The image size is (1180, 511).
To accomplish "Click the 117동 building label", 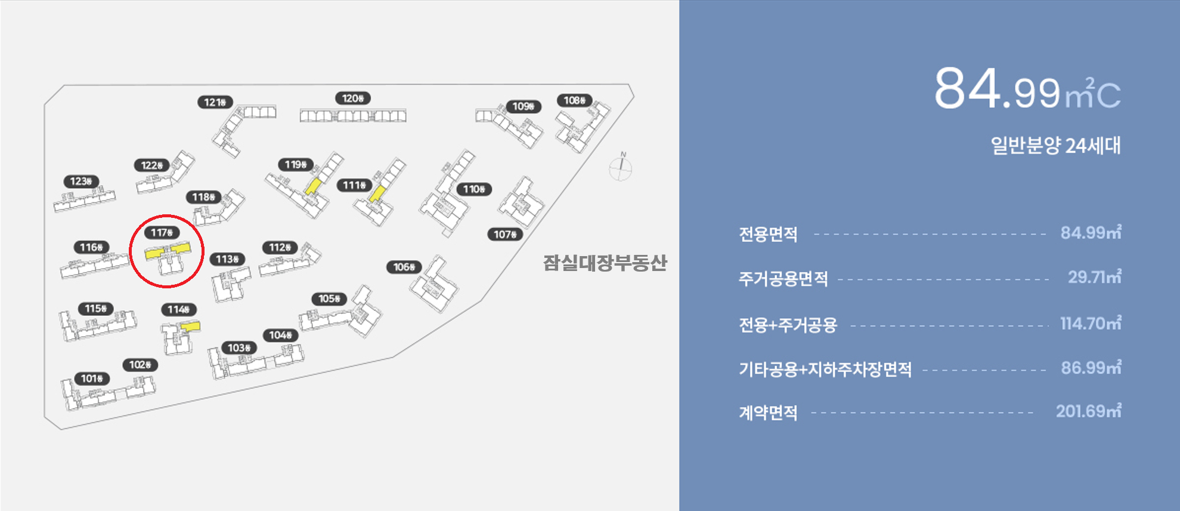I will click(x=162, y=232).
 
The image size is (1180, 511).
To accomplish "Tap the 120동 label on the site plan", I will click(x=352, y=98).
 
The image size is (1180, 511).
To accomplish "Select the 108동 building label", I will click(x=575, y=100).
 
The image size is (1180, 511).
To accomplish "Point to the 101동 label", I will click(x=92, y=378).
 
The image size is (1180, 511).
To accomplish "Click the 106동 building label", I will click(x=404, y=267).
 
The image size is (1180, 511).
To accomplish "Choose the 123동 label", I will click(x=81, y=181).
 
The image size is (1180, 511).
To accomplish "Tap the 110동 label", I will click(x=474, y=189).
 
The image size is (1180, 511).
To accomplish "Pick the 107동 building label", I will click(x=505, y=235).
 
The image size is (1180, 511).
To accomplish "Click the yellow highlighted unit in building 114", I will click(x=191, y=327).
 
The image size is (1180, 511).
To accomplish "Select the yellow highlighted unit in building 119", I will click(x=312, y=186).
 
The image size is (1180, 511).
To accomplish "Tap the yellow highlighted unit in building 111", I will click(x=377, y=193).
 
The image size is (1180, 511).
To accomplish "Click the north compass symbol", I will click(x=620, y=168).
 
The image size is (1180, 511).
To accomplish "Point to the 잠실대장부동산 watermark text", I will click(x=605, y=263).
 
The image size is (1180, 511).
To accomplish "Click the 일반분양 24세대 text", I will click(x=1055, y=145).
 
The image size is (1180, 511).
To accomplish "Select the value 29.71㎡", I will click(x=1094, y=277).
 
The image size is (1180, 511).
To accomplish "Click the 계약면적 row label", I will click(x=768, y=413).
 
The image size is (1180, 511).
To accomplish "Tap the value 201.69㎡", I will click(x=1088, y=411).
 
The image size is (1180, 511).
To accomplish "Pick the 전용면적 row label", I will click(x=768, y=234).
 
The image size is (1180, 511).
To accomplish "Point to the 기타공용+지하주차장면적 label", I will click(x=825, y=370).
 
